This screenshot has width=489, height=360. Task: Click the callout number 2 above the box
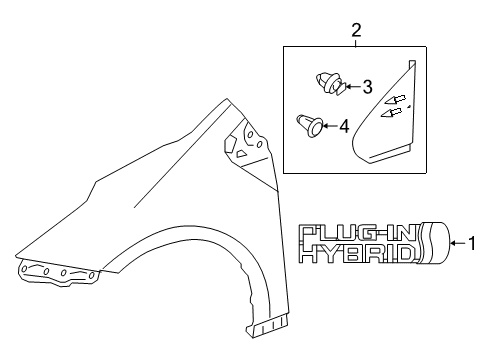tap(356, 32)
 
